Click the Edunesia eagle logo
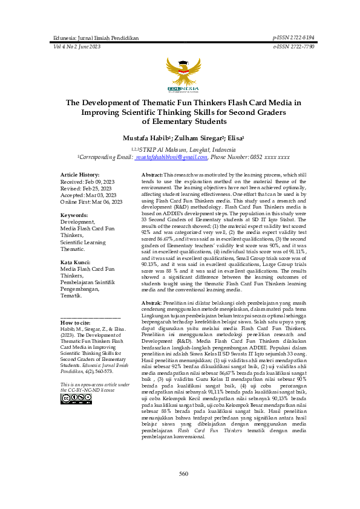180,73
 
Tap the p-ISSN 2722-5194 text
293,37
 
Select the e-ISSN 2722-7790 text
293,47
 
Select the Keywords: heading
75,215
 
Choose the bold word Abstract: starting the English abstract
152,174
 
